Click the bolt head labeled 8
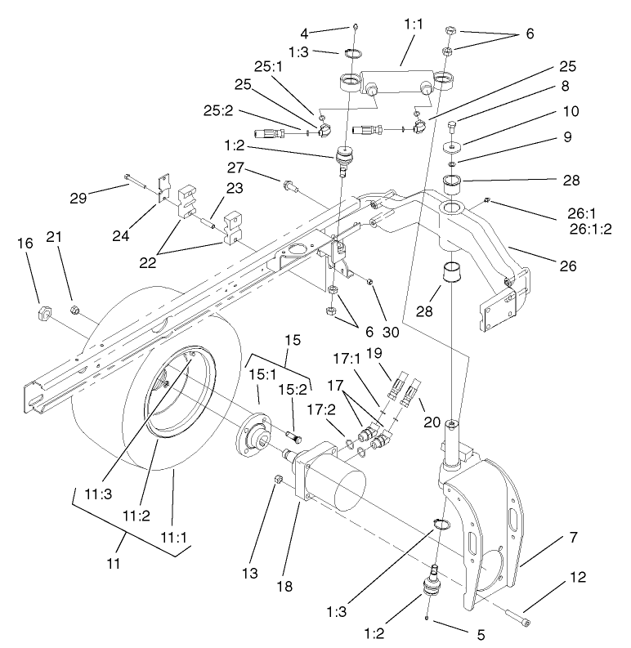click(x=454, y=126)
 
